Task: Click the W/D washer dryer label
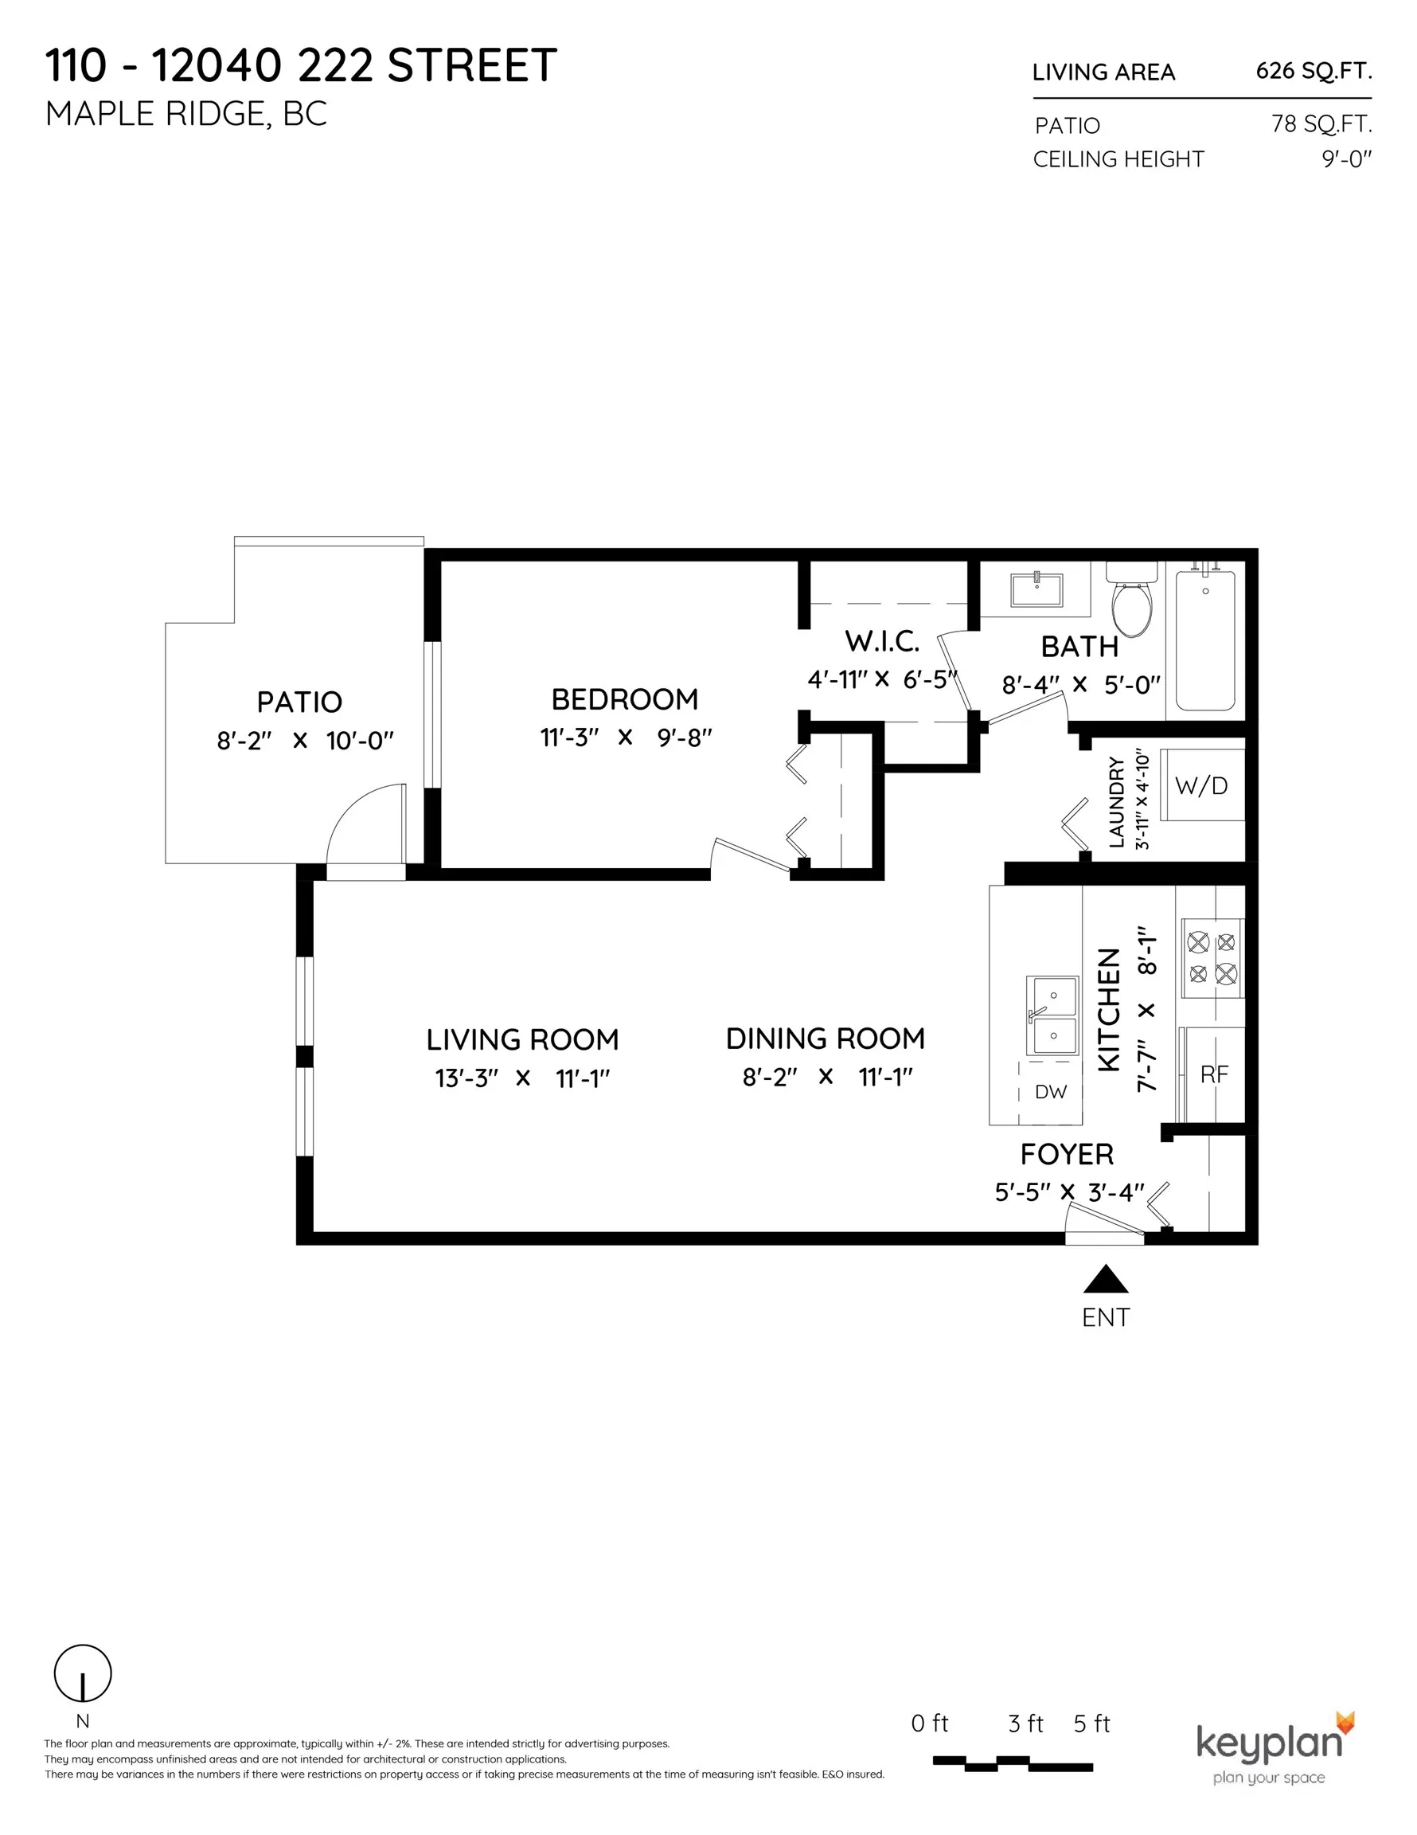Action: click(x=1201, y=785)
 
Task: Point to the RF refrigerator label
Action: click(x=1215, y=1074)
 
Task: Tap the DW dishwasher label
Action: click(x=1051, y=1091)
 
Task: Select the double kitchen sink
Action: click(x=1052, y=1015)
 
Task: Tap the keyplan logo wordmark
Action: click(x=1268, y=1743)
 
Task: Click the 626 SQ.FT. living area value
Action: click(x=1314, y=72)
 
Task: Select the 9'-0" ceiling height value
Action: click(x=1346, y=158)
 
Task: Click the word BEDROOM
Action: click(x=625, y=699)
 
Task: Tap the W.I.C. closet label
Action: click(x=882, y=642)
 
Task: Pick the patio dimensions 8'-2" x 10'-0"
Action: click(x=305, y=740)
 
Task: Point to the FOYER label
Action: click(x=1067, y=1154)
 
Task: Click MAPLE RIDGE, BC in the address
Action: click(x=186, y=114)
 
